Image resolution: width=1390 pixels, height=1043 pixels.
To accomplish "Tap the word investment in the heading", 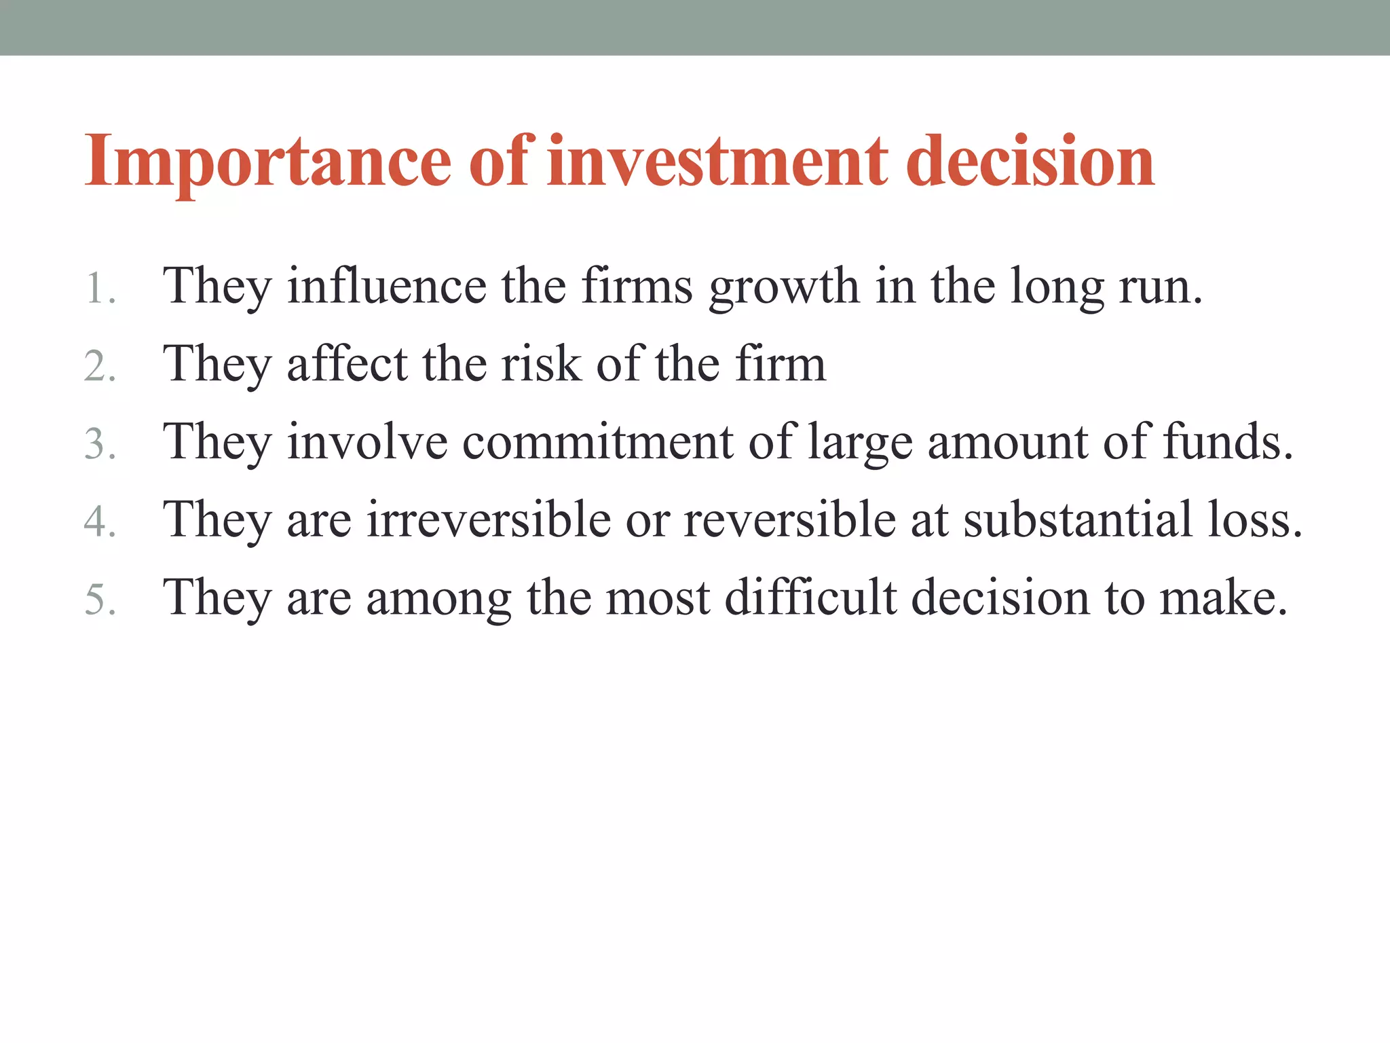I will [x=717, y=162].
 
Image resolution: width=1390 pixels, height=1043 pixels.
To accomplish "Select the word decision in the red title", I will [x=1030, y=162].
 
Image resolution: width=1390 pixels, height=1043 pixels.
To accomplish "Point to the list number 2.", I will [x=99, y=367].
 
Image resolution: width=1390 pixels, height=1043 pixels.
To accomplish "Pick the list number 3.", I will [x=99, y=445].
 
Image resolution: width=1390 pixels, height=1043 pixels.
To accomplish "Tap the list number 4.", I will [x=99, y=523].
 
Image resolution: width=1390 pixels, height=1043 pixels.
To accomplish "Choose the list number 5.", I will [x=99, y=600].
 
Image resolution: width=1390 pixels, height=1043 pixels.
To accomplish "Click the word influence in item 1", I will [x=386, y=286].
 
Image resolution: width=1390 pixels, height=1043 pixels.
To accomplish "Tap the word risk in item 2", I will [x=541, y=364].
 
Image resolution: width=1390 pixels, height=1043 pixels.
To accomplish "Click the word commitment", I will [x=598, y=442].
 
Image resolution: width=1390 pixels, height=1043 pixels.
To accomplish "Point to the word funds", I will [x=1228, y=442].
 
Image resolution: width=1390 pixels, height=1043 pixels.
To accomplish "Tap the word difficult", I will [x=810, y=598].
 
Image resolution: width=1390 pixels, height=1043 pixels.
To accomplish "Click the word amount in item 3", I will [x=1007, y=442].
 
